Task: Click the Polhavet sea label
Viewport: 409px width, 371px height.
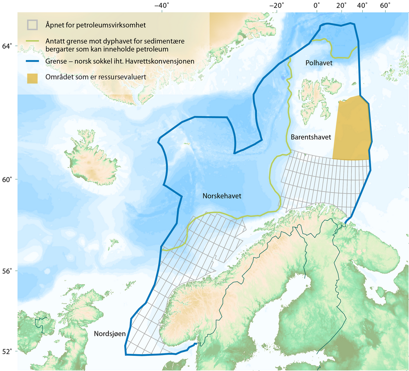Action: [x=319, y=63]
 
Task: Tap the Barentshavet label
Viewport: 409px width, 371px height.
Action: [x=311, y=137]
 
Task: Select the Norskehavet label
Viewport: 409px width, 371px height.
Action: [x=222, y=196]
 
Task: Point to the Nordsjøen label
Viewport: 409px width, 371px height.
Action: [x=110, y=334]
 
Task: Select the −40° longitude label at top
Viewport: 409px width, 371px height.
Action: [x=162, y=6]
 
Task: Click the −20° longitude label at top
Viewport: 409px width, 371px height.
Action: [x=277, y=6]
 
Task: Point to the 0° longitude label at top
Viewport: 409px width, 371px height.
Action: [x=317, y=6]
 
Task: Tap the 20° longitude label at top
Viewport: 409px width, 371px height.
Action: [x=341, y=6]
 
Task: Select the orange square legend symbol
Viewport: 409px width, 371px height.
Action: [x=32, y=79]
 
